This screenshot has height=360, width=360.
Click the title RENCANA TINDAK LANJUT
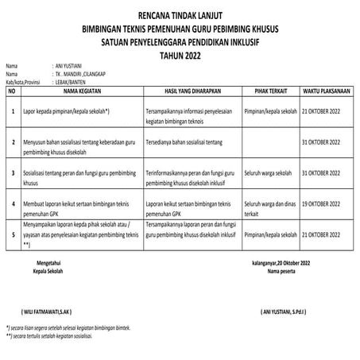179,14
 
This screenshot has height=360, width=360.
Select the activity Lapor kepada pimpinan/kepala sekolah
66,113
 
